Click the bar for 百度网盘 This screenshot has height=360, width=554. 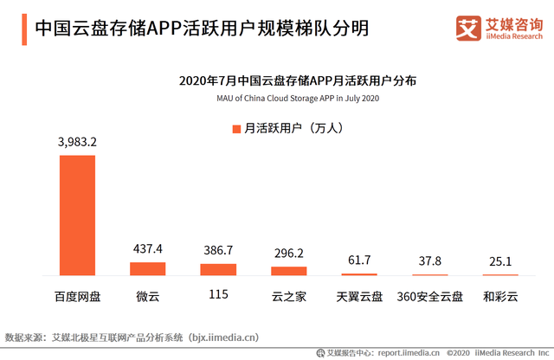point(77,215)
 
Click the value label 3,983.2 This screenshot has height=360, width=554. point(77,142)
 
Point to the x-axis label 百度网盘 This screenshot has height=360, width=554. point(77,297)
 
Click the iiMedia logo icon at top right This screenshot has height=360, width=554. point(468,28)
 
